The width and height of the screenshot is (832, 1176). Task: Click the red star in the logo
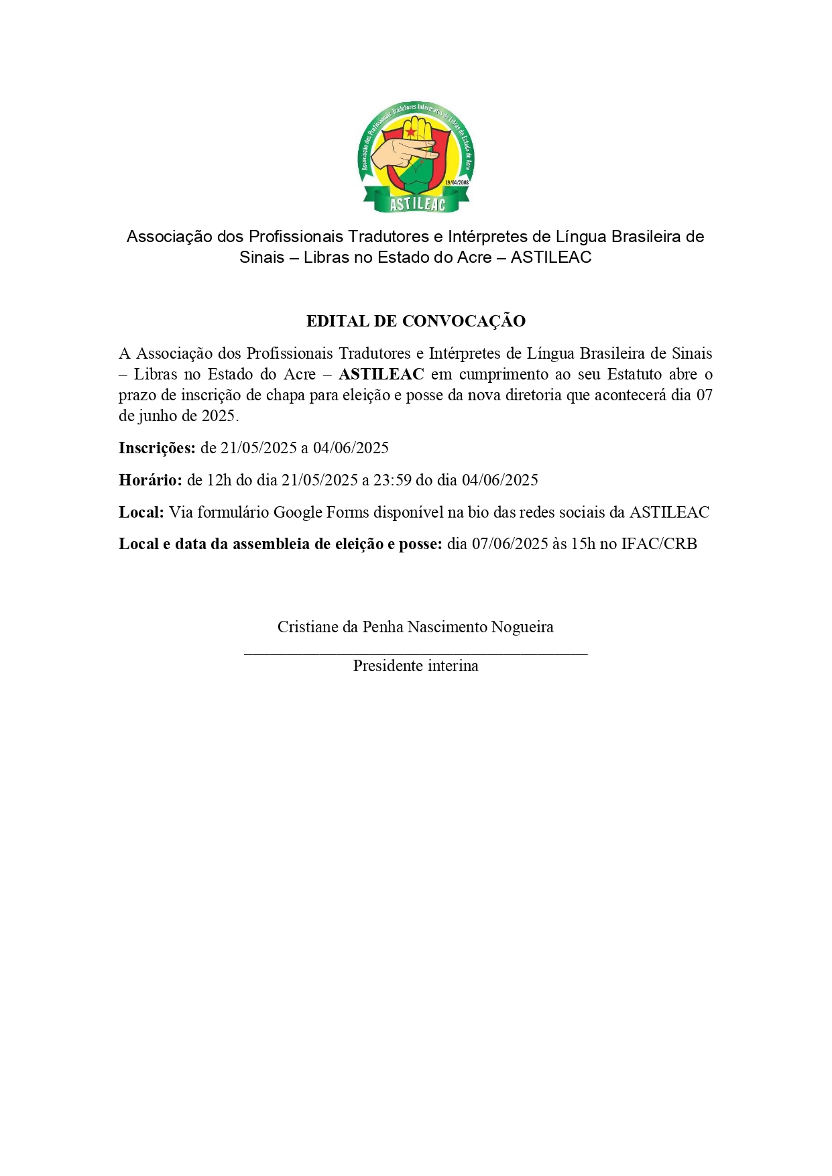coord(410,132)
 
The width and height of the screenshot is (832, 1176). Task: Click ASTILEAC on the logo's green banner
coord(417,203)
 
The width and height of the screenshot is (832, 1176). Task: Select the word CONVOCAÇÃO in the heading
coord(463,321)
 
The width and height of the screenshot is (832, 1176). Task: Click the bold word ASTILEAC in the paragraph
coord(381,374)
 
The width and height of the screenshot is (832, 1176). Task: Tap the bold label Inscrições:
coord(157,448)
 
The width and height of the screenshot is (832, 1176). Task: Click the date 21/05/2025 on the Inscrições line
coord(258,448)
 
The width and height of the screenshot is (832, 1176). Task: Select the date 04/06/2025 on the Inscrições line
coord(351,448)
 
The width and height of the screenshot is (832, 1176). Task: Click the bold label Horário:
coord(150,480)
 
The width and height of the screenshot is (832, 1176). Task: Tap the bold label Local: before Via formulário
coord(141,512)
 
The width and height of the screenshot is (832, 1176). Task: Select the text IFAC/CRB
coord(659,544)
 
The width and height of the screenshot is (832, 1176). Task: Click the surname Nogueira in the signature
coord(522,627)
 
